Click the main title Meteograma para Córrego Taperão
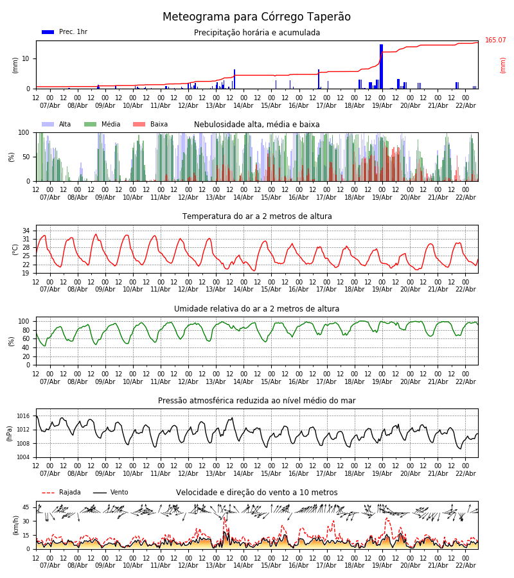tap(256, 17)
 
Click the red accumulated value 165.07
tap(495, 40)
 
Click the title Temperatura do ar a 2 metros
tap(257, 216)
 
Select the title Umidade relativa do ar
tap(257, 309)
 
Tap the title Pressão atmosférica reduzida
tap(257, 401)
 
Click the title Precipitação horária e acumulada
tap(257, 33)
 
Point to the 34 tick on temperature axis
tap(26, 231)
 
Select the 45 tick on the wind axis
tap(26, 507)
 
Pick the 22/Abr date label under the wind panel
tap(465, 566)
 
